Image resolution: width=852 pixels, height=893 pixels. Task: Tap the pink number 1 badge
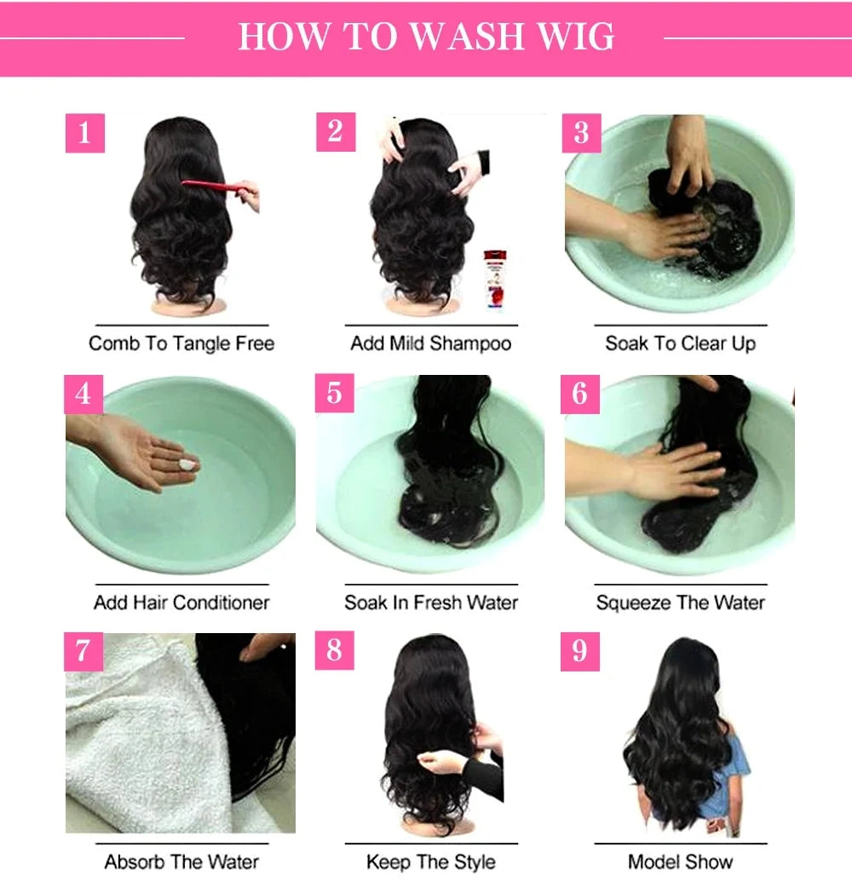(x=84, y=134)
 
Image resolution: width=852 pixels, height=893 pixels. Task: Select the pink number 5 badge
(x=334, y=393)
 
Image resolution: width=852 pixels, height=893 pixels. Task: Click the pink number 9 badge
(x=580, y=652)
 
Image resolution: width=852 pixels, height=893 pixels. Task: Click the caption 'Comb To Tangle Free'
(x=181, y=343)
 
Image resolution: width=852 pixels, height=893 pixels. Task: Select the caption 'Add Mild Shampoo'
(x=431, y=343)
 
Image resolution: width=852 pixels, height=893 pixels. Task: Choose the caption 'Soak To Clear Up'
(x=680, y=343)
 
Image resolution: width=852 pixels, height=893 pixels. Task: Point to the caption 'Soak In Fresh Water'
(x=431, y=602)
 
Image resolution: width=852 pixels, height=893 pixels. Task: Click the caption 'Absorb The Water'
(x=181, y=861)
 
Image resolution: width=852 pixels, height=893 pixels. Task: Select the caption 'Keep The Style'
(x=431, y=861)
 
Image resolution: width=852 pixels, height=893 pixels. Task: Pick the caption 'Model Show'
(x=680, y=861)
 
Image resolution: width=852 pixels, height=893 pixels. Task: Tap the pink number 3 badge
(x=582, y=134)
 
